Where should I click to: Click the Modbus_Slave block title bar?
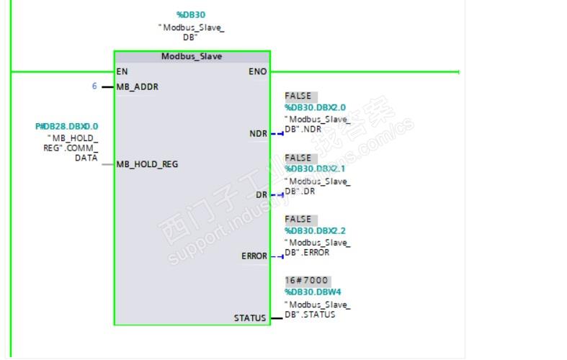point(192,56)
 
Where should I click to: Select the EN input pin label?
point(122,71)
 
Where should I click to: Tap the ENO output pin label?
point(257,71)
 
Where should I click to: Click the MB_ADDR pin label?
point(137,87)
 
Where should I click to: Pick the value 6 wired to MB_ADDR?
point(94,86)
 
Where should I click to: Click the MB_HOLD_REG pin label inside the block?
point(147,164)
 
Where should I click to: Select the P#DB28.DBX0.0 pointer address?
point(66,127)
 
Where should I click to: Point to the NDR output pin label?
point(258,134)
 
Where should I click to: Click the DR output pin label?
point(262,194)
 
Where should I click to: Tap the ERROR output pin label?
point(254,256)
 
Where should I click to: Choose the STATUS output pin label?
point(250,318)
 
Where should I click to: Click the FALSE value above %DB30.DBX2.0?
point(298,96)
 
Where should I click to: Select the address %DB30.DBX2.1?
point(315,168)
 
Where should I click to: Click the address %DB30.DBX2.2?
point(315,230)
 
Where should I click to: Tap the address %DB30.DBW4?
point(313,292)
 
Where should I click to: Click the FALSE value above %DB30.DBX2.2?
point(298,219)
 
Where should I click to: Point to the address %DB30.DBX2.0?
point(315,107)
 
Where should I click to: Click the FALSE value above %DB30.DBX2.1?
point(298,158)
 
